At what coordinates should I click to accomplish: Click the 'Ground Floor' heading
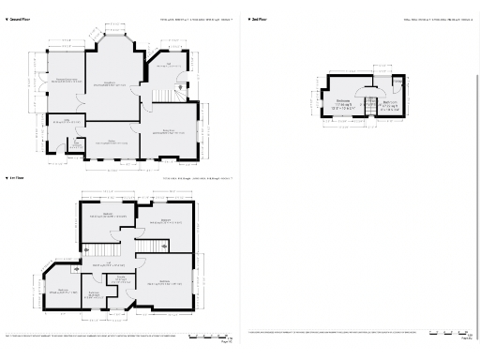point(18,19)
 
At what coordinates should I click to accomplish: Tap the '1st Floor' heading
point(16,176)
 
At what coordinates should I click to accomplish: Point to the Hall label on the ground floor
point(170,66)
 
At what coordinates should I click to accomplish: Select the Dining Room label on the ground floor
point(170,131)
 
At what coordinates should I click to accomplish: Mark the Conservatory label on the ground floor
point(64,81)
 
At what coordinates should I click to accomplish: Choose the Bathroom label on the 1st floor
point(95,296)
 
